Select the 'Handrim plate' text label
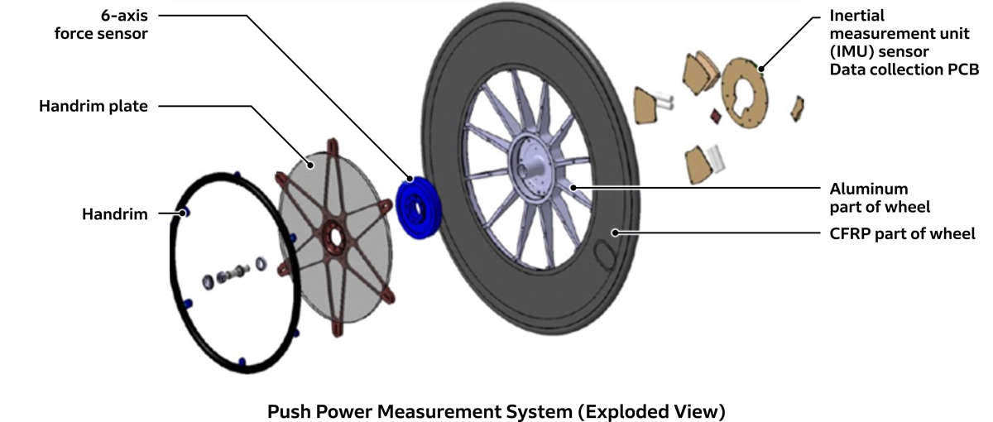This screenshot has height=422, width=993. click(x=94, y=107)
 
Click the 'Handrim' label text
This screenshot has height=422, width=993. click(x=114, y=214)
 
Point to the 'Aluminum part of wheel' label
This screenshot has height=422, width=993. click(x=868, y=198)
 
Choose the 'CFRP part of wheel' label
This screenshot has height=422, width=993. click(x=902, y=233)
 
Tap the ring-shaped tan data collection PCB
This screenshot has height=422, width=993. click(x=744, y=91)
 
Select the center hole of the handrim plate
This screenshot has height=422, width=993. click(x=336, y=237)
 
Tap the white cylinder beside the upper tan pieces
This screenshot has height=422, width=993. click(x=665, y=102)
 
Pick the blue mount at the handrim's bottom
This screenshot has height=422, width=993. click(x=242, y=361)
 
